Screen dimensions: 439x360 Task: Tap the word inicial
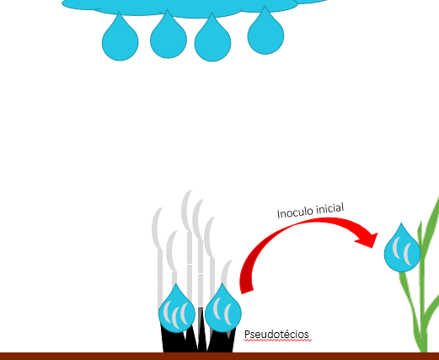330,209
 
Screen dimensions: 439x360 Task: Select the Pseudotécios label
276,335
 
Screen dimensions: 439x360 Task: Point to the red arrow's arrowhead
368,239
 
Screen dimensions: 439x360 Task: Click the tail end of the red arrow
247,292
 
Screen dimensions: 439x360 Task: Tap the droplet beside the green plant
402,250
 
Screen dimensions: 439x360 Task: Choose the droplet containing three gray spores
177,310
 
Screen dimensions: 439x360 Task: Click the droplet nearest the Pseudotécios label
223,310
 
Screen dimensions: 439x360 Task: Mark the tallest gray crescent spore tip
190,191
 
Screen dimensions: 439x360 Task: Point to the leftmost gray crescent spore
157,228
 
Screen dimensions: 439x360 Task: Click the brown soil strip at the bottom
219,356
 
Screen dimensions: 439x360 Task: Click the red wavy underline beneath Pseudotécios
278,341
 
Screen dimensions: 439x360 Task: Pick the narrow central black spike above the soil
201,329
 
